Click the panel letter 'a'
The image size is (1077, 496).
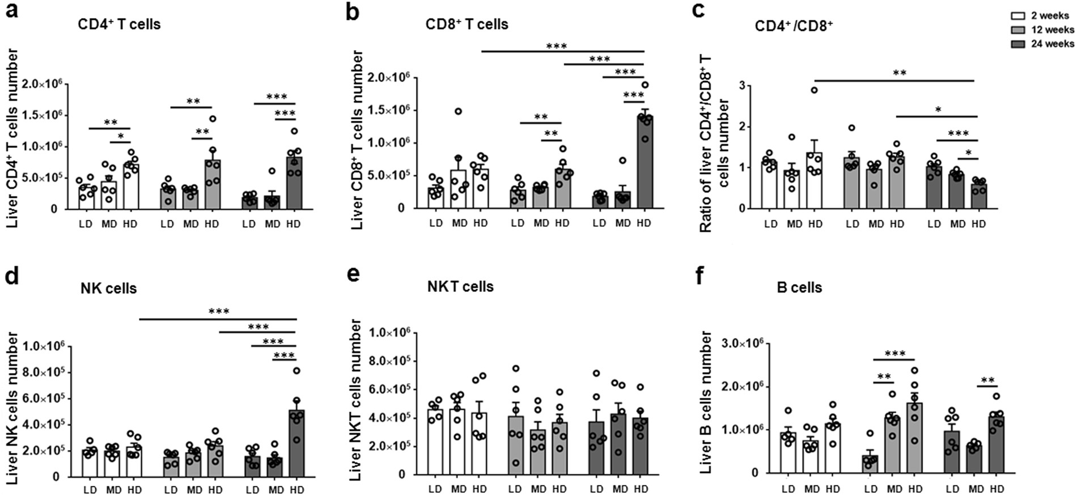[11, 11]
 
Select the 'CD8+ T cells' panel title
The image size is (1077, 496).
[467, 24]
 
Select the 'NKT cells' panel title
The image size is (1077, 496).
[460, 287]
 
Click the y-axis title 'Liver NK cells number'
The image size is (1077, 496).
[12, 408]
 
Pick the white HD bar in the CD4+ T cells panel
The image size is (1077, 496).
[130, 187]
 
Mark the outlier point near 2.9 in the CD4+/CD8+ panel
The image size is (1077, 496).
[814, 90]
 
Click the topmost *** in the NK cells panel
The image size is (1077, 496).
[219, 311]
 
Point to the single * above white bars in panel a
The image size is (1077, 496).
[120, 137]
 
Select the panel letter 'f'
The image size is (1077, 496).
[701, 278]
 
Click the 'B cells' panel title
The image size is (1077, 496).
[799, 287]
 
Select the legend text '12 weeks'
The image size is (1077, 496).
[1052, 29]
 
